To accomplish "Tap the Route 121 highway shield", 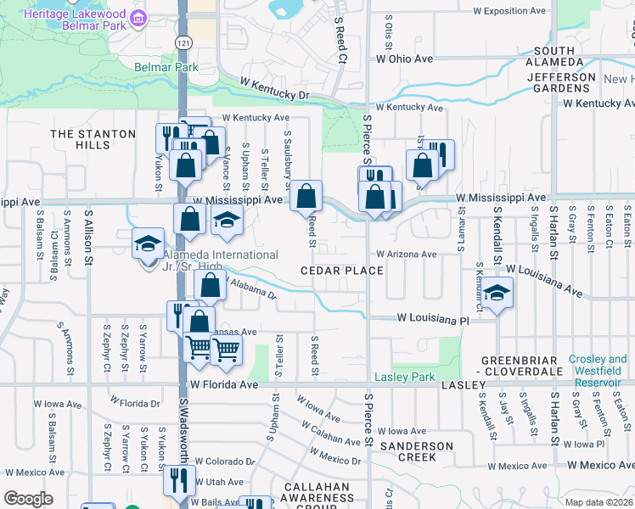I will click(186, 42).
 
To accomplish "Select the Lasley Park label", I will click(405, 377).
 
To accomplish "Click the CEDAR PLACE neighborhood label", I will click(341, 271).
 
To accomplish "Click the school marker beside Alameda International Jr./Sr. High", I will click(148, 243).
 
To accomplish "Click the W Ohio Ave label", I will click(405, 59).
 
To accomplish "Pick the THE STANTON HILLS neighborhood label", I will click(93, 139).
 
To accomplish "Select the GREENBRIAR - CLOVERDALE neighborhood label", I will click(523, 366).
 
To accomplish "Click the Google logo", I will click(28, 499).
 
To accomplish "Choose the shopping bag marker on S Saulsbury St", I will click(306, 196).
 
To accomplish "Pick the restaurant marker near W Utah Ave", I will click(179, 480).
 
